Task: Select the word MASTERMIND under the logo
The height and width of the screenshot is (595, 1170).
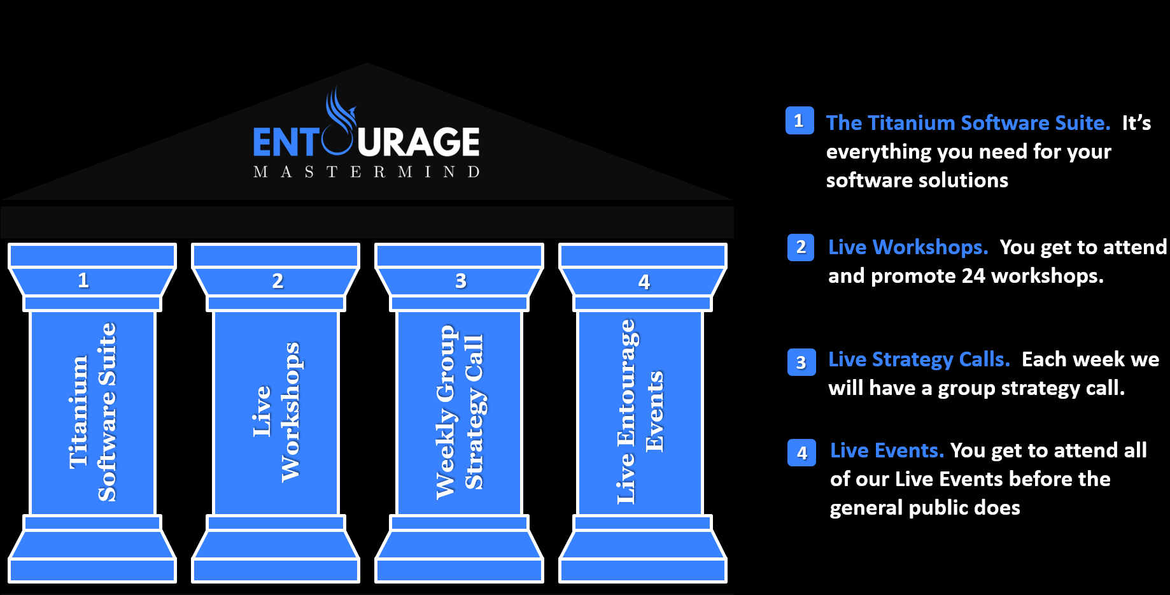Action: click(x=367, y=172)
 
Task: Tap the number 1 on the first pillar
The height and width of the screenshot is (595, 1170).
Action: click(x=83, y=280)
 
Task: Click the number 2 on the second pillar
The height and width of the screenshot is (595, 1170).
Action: click(x=278, y=281)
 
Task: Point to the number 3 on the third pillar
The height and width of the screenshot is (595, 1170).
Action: click(x=461, y=281)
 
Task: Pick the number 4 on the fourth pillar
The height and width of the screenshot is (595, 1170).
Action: click(x=644, y=282)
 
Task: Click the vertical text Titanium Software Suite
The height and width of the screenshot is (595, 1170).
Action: click(x=93, y=412)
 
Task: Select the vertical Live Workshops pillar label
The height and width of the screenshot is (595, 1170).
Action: click(x=276, y=412)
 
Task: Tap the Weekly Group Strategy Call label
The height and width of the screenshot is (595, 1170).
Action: click(x=460, y=412)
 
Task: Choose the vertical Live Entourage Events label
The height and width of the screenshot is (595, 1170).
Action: click(x=640, y=412)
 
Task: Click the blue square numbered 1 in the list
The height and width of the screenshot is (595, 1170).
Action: click(x=800, y=120)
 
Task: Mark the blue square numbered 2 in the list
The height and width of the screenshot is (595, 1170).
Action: click(x=801, y=247)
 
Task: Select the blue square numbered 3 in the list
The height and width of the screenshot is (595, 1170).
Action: click(x=801, y=362)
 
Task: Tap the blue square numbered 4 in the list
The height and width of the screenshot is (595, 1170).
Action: click(x=802, y=453)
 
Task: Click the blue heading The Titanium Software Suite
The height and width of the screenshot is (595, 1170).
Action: click(x=968, y=123)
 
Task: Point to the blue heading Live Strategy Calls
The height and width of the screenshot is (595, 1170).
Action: click(x=919, y=360)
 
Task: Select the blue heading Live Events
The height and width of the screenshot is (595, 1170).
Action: click(x=887, y=451)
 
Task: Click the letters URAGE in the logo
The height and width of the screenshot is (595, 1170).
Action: click(x=418, y=141)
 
